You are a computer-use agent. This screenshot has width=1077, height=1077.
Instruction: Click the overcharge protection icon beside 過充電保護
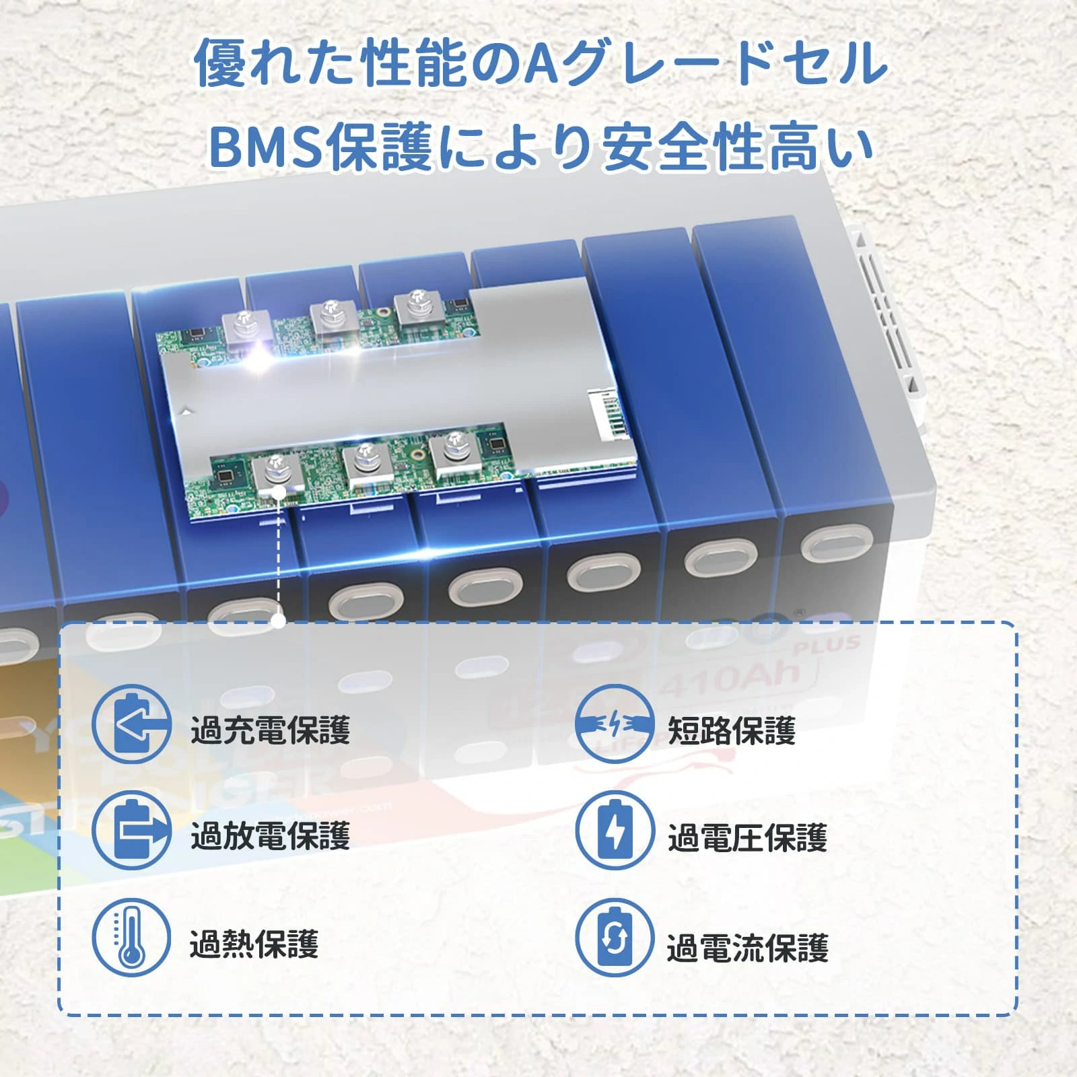tap(131, 724)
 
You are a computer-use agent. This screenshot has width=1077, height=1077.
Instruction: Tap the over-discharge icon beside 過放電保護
tap(131, 830)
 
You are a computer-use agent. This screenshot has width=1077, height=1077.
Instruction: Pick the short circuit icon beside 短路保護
tap(615, 724)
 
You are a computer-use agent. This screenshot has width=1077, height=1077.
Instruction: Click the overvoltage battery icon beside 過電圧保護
tap(615, 831)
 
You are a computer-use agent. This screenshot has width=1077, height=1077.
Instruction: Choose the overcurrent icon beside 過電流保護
tap(615, 937)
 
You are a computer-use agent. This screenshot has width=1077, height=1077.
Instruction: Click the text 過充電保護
tap(270, 730)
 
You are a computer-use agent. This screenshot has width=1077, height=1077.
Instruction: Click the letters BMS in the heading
tap(267, 147)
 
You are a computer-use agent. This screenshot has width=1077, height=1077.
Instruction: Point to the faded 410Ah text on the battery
tap(730, 680)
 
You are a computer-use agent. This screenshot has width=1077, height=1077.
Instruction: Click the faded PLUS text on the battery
tap(827, 644)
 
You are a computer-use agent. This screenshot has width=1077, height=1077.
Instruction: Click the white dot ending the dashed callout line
tap(279, 620)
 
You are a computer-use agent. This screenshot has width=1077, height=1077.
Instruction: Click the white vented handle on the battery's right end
tap(889, 316)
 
